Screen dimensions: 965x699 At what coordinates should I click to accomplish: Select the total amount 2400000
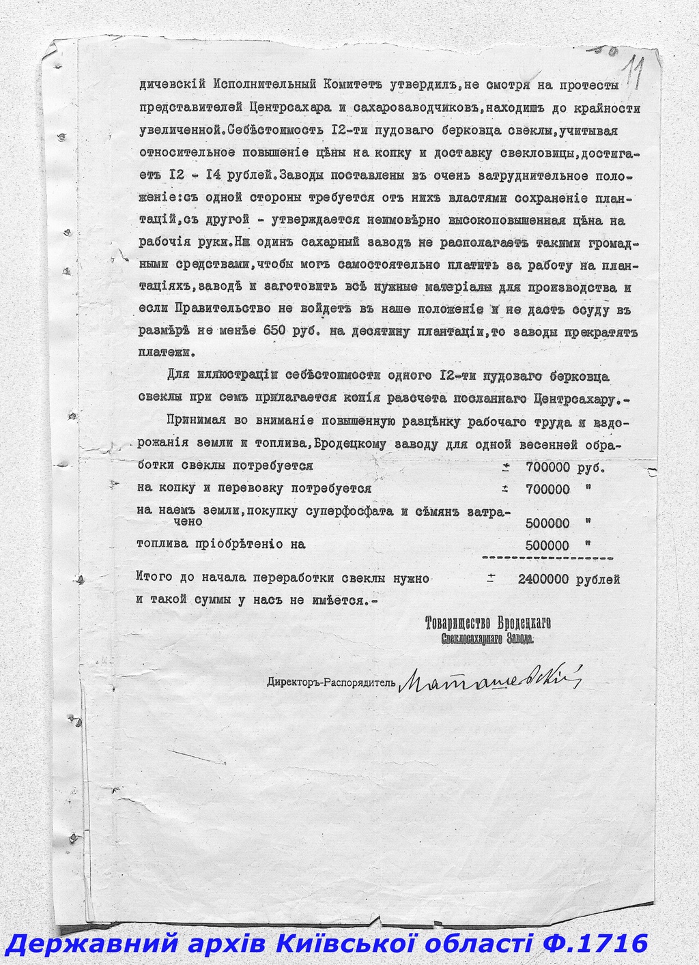click(x=543, y=580)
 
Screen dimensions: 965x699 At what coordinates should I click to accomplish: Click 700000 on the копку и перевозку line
click(x=548, y=489)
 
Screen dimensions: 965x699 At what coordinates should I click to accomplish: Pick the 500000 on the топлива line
click(x=548, y=545)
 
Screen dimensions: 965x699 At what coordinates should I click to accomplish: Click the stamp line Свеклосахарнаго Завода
click(x=487, y=639)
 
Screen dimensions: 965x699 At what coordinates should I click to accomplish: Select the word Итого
click(x=155, y=579)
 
